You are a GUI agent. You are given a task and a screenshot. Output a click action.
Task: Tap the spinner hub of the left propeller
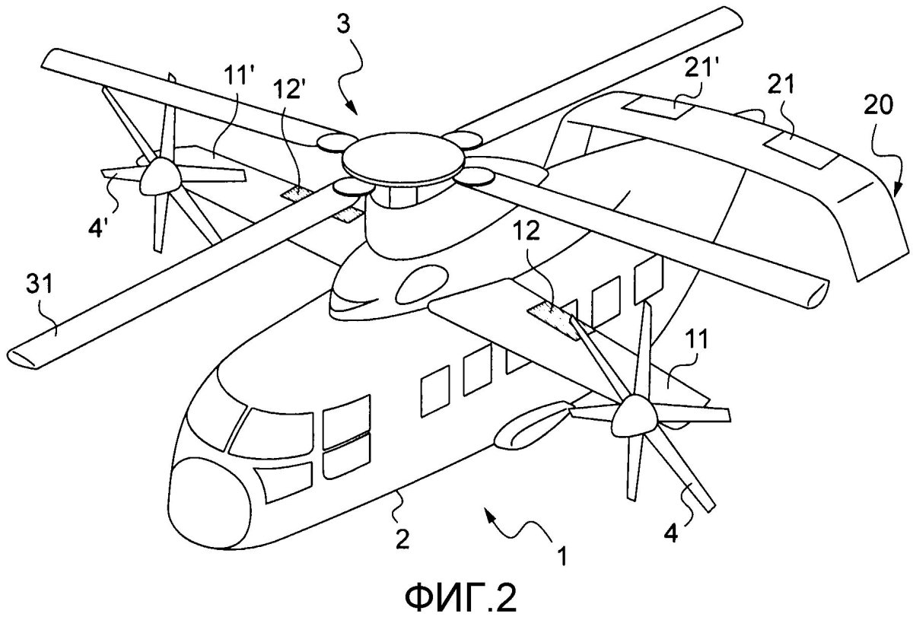157,176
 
